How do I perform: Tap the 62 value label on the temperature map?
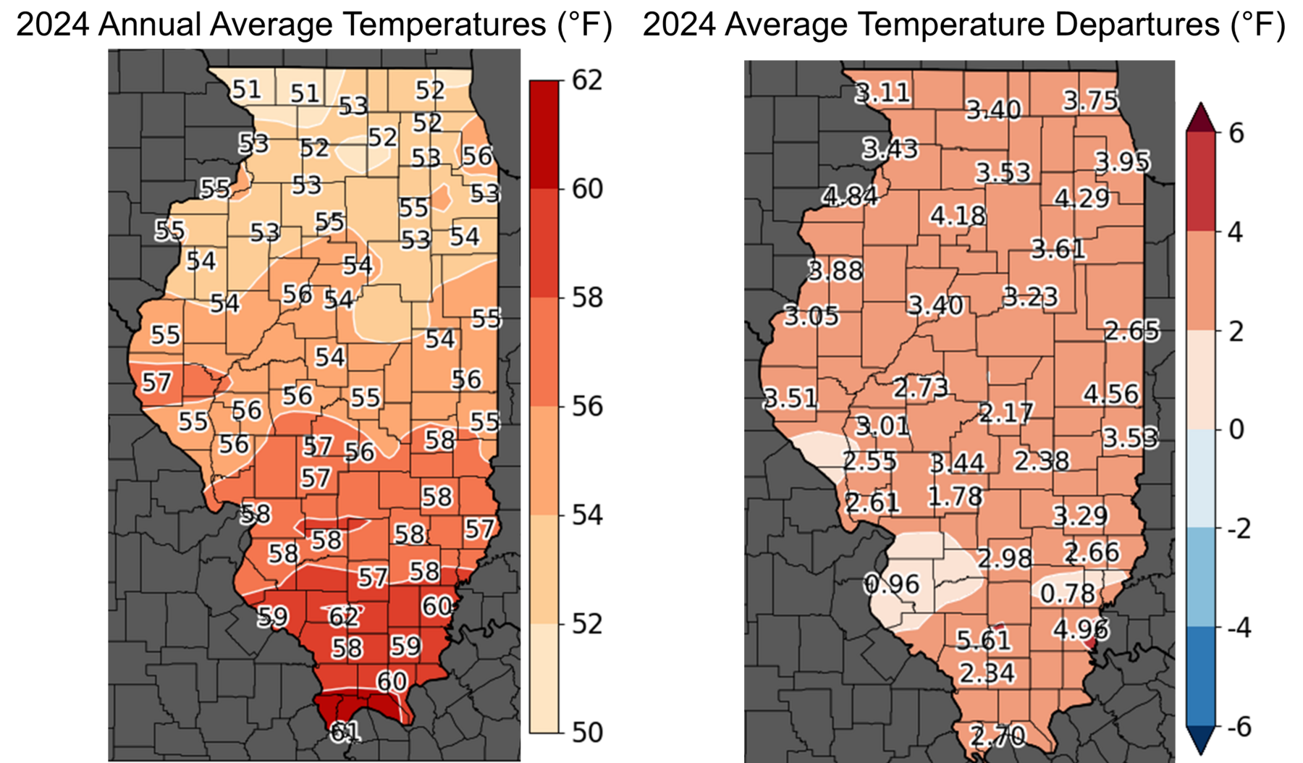coord(343,616)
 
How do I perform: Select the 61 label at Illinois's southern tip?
coord(345,732)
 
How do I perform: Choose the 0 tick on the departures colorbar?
coord(1235,429)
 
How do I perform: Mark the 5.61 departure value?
coord(983,639)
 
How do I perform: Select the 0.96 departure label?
coord(892,583)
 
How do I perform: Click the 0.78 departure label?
coord(1068,594)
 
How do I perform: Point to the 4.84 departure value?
coord(851,196)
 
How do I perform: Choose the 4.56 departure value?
coord(1111,394)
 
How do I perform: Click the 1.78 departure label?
coord(956,496)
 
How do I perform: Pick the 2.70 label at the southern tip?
coord(998,736)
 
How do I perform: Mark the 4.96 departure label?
coord(1080,628)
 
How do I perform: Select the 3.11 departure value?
coord(882,93)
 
